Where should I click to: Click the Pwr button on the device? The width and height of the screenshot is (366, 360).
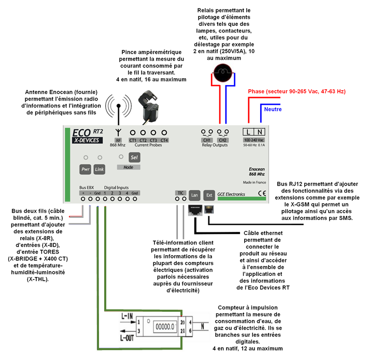tap(86, 170)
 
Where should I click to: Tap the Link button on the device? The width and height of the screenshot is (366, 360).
tap(100, 170)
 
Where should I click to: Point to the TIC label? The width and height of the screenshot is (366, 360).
tap(180, 192)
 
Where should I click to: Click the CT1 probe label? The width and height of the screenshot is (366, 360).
tap(133, 140)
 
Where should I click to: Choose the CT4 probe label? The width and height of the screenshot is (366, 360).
tap(164, 140)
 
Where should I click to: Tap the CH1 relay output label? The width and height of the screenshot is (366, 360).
tap(207, 140)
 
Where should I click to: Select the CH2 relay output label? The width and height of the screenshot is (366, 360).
tap(223, 140)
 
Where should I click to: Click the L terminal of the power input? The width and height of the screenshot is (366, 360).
tap(249, 132)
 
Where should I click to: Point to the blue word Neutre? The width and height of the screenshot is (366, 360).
tap(274, 109)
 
